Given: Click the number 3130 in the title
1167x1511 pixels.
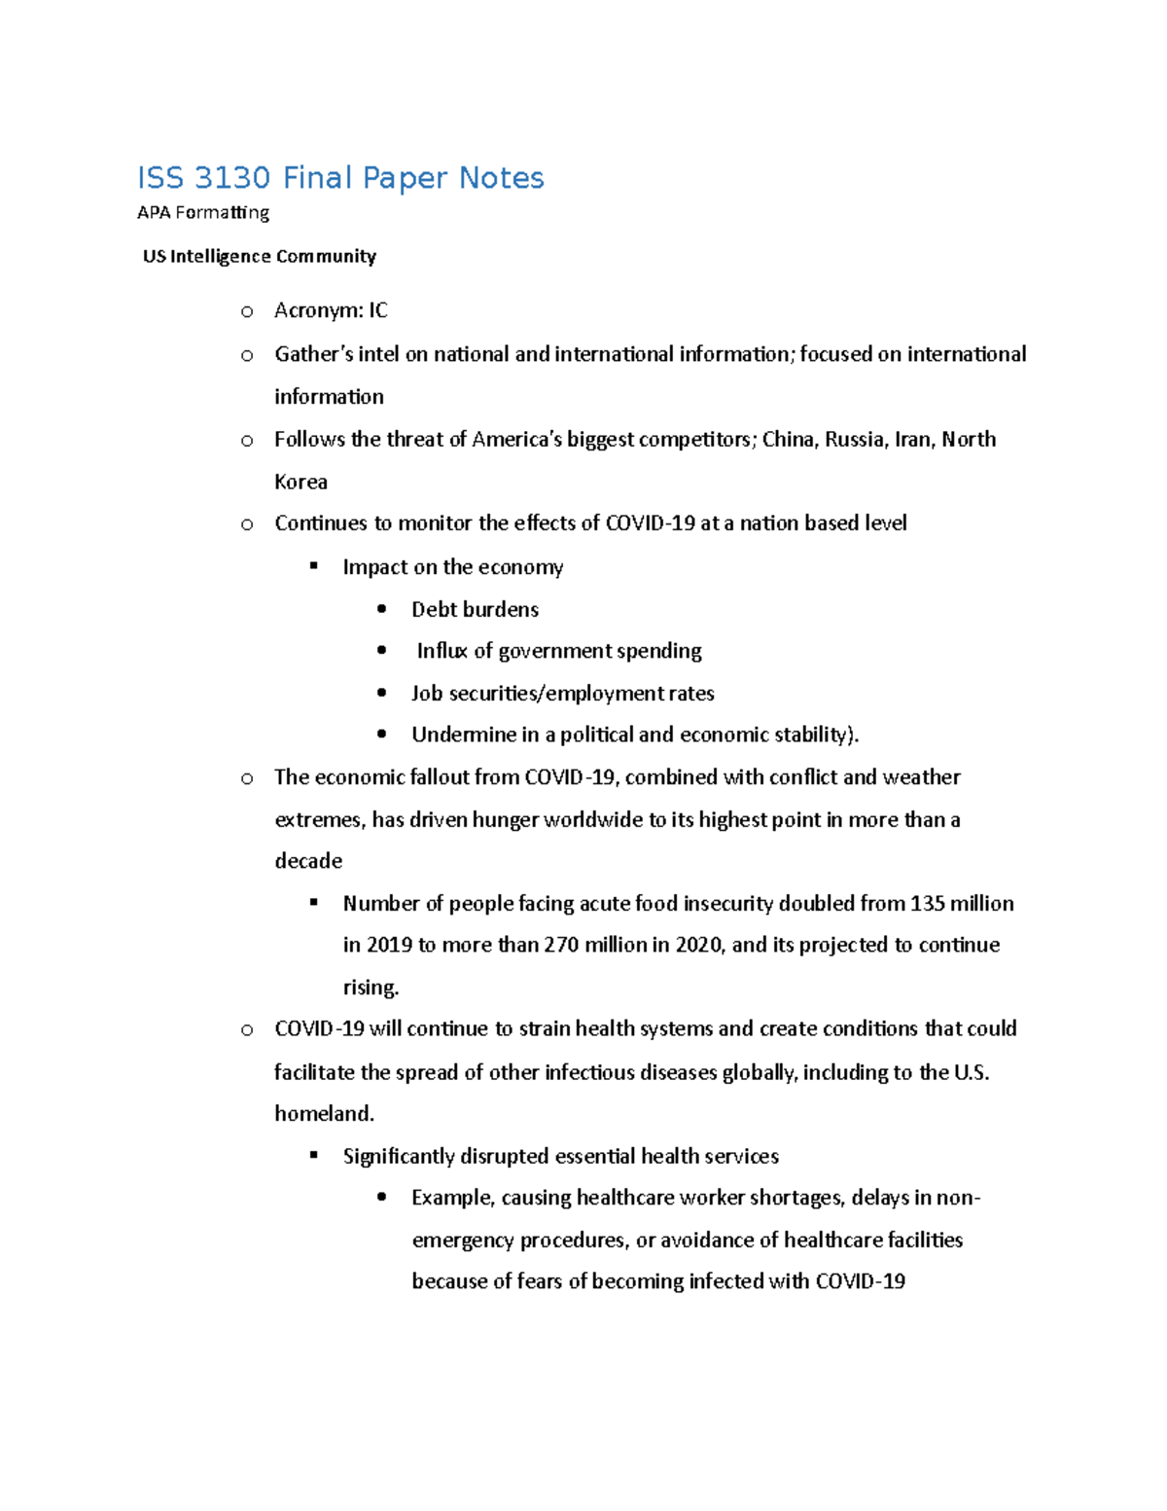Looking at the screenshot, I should coord(232,178).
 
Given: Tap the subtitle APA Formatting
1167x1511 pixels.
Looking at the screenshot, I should coord(203,212).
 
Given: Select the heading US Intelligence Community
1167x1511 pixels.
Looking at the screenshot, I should coord(259,256).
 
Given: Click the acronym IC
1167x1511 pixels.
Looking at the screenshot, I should coord(377,310).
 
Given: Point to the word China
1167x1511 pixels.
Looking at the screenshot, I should coord(789,439).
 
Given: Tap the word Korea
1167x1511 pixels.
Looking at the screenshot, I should coord(301,482).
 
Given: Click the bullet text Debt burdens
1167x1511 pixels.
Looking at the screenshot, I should coord(475,609).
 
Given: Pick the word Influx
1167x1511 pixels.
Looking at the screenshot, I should coord(442,651).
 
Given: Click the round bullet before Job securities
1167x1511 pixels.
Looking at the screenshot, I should coord(382,693).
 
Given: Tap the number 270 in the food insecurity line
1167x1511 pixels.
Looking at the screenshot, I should coord(561,945).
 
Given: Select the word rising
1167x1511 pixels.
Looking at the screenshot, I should coord(371,988).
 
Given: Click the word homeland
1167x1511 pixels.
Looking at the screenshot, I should coord(324,1113).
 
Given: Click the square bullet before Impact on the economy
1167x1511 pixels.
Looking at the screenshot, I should coord(313,565).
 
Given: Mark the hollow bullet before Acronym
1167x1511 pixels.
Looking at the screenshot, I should coord(247,311).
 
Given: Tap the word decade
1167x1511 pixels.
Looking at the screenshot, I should coord(308,861).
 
